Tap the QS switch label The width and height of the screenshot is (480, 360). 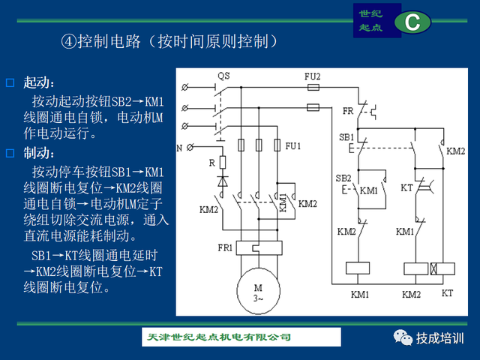coord(223,76)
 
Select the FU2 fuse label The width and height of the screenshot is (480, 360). coord(313,76)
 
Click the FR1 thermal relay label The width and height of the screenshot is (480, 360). coord(224,247)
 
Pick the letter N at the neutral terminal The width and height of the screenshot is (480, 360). coord(180,147)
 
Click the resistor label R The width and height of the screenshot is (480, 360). coord(212,162)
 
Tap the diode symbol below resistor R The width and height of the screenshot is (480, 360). coord(222,181)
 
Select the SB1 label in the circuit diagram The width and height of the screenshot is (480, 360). coord(346,137)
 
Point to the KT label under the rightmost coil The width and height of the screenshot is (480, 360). coord(447,292)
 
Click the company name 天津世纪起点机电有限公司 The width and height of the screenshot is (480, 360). coord(217,338)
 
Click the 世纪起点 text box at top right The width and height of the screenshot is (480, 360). coord(370,20)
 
